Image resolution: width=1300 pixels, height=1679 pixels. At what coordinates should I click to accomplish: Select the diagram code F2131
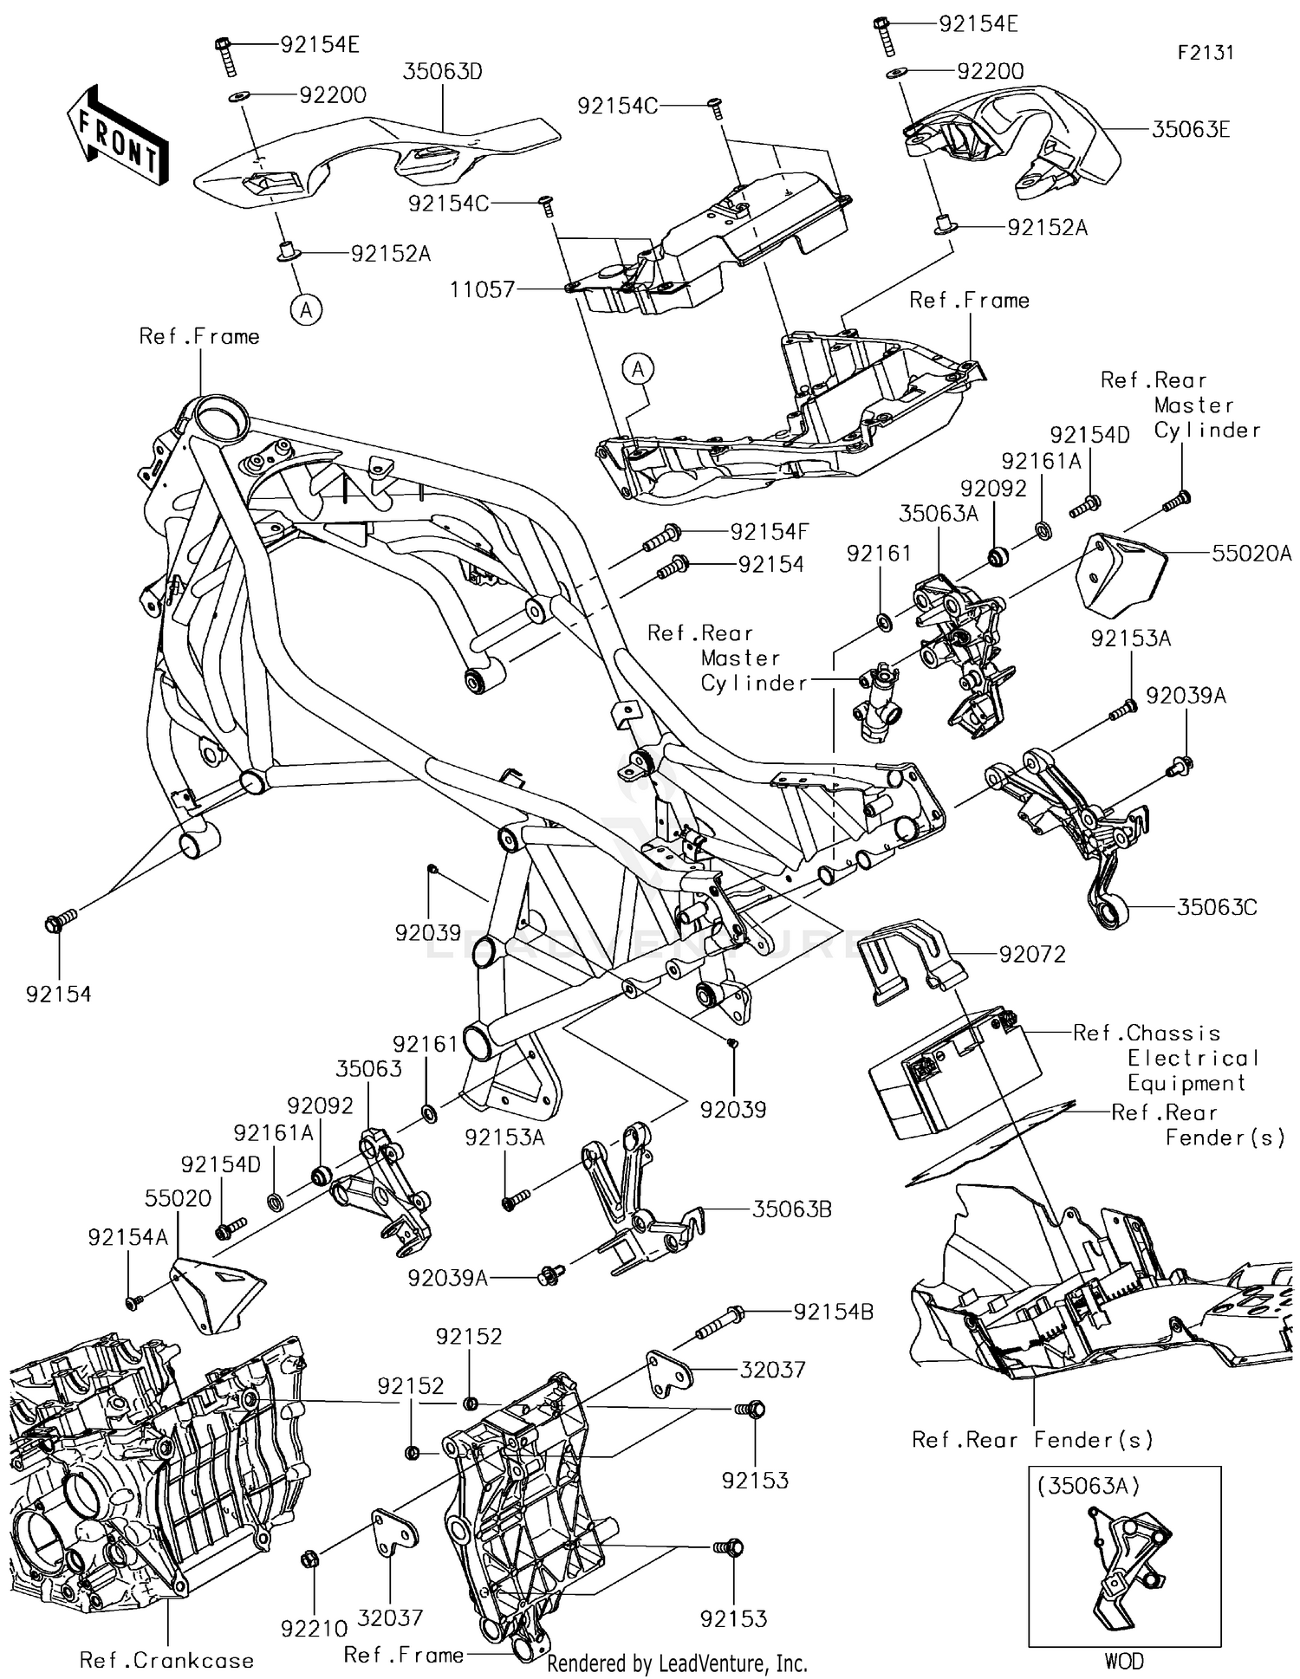click(x=1206, y=53)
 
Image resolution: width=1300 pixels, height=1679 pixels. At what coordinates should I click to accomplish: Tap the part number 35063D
click(x=442, y=71)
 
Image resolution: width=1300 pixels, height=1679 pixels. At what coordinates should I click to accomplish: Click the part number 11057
click(x=483, y=289)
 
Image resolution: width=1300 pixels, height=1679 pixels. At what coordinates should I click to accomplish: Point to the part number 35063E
click(x=1191, y=130)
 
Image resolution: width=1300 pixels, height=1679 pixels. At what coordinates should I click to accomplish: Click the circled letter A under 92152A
click(x=305, y=309)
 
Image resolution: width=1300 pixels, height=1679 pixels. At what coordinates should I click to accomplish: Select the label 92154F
click(x=769, y=531)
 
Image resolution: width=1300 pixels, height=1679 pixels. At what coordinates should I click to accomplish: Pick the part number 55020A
click(x=1251, y=553)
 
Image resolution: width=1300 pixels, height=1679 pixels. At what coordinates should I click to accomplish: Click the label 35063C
click(x=1216, y=907)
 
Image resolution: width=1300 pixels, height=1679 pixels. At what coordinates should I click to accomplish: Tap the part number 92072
click(x=1032, y=955)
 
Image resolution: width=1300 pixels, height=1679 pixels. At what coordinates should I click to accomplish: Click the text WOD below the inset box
click(x=1124, y=1661)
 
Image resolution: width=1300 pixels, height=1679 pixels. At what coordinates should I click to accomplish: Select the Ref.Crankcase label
click(x=166, y=1660)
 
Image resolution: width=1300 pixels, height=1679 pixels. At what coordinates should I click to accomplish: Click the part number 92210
click(x=314, y=1629)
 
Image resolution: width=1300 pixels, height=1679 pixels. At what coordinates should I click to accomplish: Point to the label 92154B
click(x=833, y=1313)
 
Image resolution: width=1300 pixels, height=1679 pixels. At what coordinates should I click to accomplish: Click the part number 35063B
click(x=791, y=1209)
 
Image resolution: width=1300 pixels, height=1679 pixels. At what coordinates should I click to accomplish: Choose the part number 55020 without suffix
click(x=178, y=1198)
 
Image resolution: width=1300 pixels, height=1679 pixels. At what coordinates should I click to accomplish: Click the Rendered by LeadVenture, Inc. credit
click(x=677, y=1663)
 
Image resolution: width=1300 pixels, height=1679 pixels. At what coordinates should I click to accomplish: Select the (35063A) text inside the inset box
click(x=1089, y=1485)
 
